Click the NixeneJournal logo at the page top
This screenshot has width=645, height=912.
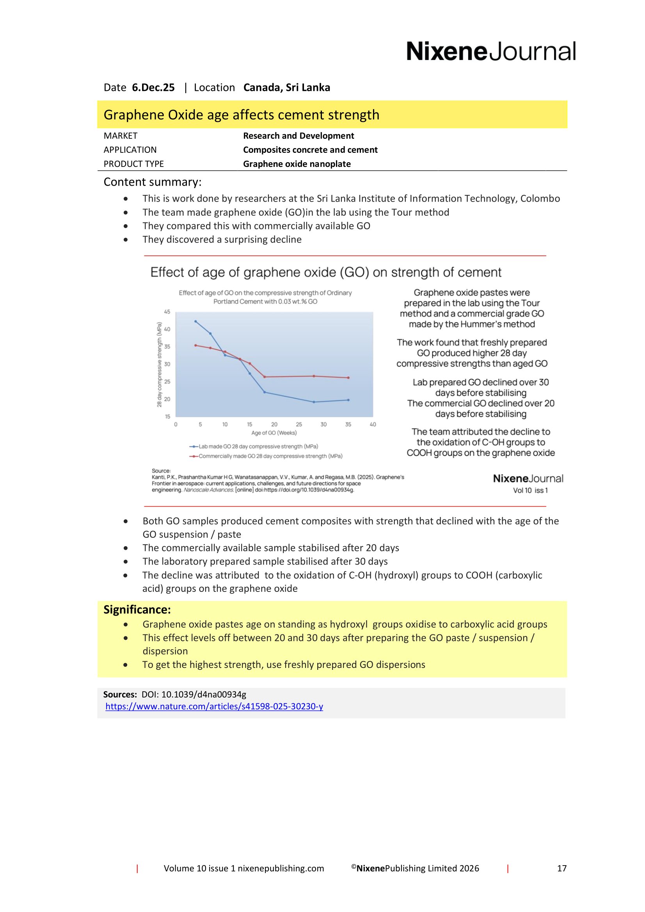tap(490, 51)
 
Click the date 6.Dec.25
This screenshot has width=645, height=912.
tap(153, 87)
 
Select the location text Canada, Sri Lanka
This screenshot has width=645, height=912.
tap(286, 87)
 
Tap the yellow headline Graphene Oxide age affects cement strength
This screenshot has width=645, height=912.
tap(241, 115)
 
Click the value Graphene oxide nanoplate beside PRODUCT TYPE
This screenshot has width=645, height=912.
tap(297, 164)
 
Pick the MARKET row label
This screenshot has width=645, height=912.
tap(121, 136)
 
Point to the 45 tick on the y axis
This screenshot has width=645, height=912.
tap(167, 312)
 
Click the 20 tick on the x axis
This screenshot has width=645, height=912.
tap(274, 424)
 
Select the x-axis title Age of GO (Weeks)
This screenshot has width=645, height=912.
tap(274, 432)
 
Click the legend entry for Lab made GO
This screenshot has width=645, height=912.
tap(254, 446)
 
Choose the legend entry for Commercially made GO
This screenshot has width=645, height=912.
tap(266, 456)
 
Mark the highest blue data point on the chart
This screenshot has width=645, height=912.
tap(195, 321)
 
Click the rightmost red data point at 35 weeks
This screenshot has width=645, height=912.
tap(348, 378)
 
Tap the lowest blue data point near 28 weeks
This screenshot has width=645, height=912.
tap(314, 402)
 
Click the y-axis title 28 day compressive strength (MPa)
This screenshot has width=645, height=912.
tap(159, 365)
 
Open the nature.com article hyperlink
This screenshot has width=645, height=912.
tap(214, 706)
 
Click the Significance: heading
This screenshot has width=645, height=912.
tap(137, 610)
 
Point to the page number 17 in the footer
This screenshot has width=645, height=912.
tap(561, 868)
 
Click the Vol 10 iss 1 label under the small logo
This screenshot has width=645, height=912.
tap(530, 490)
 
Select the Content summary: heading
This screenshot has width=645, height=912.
tap(152, 182)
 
